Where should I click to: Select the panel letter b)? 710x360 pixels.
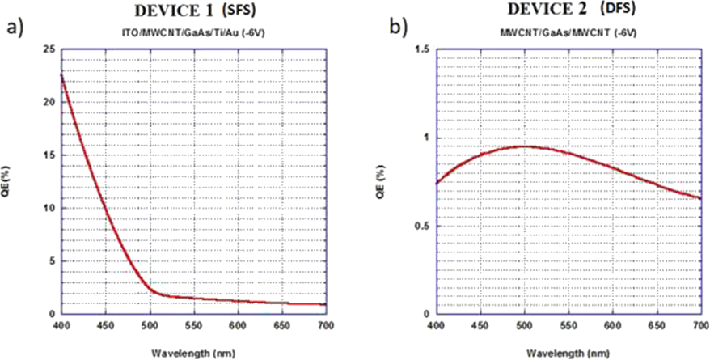[399, 29]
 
